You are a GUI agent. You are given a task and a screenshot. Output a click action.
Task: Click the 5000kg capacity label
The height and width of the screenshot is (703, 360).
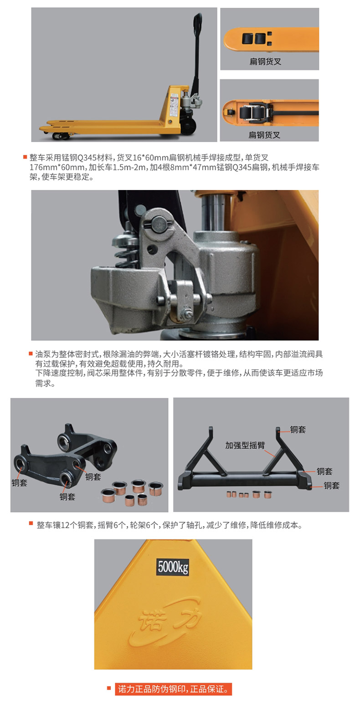tap(173, 567)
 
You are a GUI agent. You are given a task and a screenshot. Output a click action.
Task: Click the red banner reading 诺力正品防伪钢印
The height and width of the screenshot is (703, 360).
tap(173, 689)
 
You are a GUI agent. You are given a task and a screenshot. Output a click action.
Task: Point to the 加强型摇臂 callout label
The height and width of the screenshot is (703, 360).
tap(245, 445)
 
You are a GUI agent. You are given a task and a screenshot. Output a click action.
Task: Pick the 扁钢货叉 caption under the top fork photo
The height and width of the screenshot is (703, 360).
tap(265, 62)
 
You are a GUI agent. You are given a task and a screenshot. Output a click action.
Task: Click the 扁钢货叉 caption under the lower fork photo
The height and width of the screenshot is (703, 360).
tap(264, 135)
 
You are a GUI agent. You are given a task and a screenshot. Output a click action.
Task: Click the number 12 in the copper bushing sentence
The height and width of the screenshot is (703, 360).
tap(65, 525)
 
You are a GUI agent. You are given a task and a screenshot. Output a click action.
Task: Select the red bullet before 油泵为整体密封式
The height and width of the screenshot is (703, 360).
tap(31, 354)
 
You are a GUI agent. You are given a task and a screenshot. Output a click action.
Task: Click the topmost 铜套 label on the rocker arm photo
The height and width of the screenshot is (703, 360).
tap(298, 429)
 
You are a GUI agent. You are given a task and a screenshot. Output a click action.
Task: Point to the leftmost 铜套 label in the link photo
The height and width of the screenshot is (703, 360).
tap(20, 482)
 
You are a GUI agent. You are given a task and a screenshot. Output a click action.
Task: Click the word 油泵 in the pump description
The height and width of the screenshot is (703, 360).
tap(41, 354)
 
